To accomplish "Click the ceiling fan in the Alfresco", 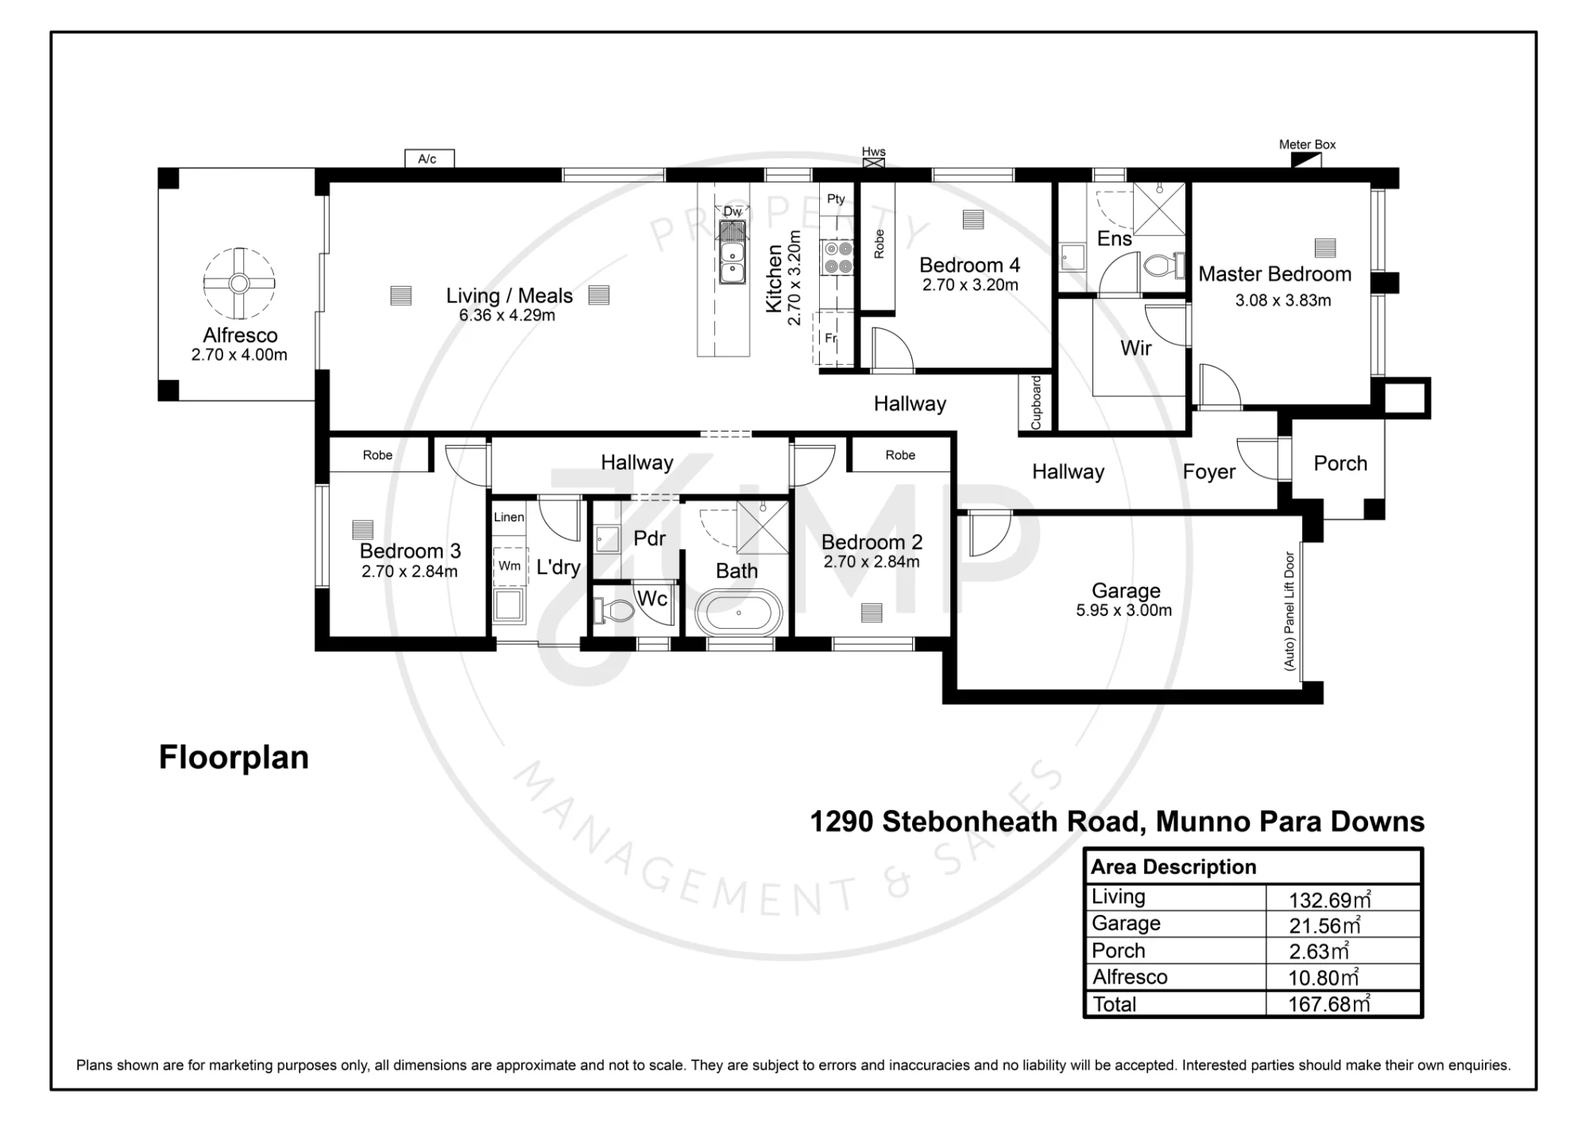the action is pos(239,283).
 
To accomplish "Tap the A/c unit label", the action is pos(427,159).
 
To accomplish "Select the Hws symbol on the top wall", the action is pos(874,163).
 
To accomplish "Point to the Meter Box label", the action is pos(1307,145).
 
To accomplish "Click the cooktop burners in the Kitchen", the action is pos(837,258).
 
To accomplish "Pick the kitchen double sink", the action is pos(732,262).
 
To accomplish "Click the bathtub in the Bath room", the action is pos(739,612).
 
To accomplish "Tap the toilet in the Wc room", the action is pos(613,610).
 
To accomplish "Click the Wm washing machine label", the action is pos(509,566).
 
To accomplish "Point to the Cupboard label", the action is pos(1035,403).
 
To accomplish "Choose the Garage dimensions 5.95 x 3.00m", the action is pos(1123,610).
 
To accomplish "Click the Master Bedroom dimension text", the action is pos(1282,300).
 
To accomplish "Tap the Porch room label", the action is pos(1340,463).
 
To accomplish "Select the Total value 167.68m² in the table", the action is pos(1329,1004).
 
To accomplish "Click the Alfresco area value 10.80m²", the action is pos(1324,978).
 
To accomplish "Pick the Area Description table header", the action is pos(1173,866).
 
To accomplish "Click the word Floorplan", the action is pos(234,758).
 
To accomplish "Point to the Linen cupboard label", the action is pos(508,517).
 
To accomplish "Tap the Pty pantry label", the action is pos(836,200).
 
